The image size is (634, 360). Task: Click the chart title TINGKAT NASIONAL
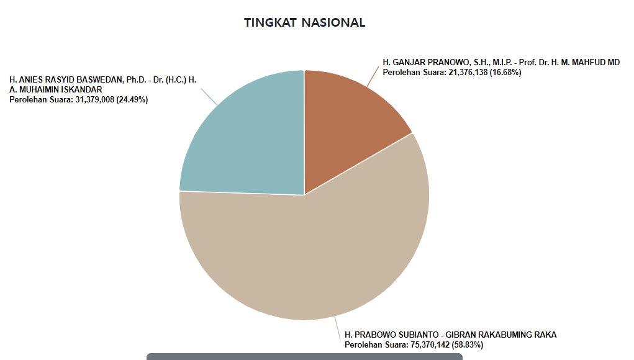(x=304, y=23)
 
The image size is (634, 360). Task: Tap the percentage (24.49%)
(x=132, y=99)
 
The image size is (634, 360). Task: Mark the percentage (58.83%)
(x=468, y=344)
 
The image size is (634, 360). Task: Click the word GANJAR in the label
(x=406, y=63)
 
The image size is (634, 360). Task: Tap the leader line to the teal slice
(x=209, y=97)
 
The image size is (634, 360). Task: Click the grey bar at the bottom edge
(x=304, y=357)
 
